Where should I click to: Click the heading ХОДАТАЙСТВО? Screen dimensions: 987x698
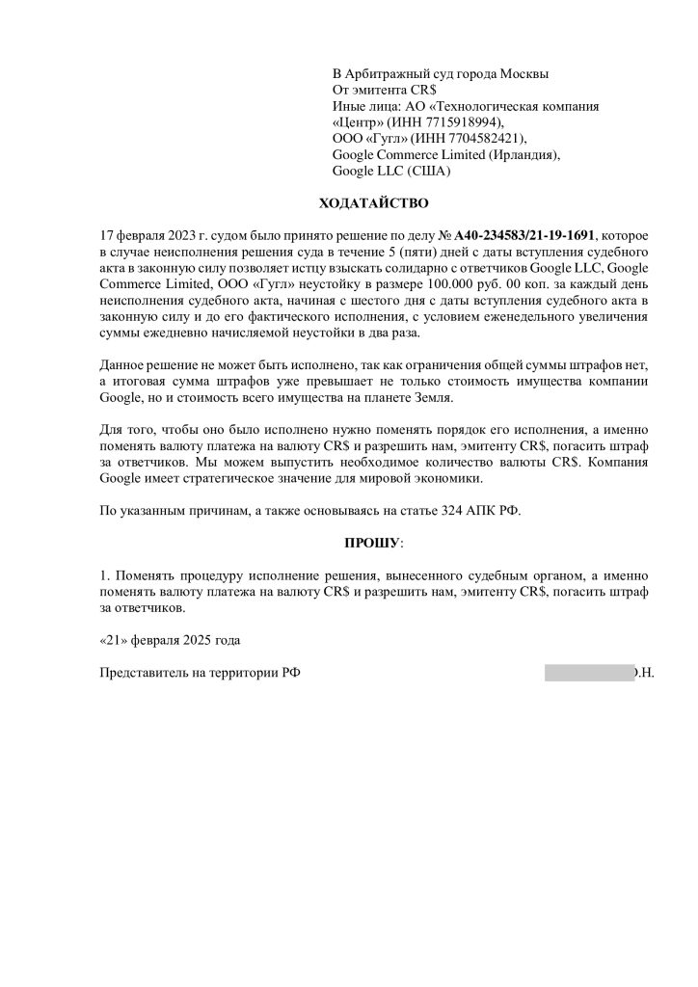click(x=373, y=203)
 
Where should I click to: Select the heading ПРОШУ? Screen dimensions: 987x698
click(x=374, y=544)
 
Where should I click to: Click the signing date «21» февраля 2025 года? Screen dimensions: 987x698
click(x=170, y=640)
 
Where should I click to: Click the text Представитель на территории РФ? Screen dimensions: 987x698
click(x=200, y=673)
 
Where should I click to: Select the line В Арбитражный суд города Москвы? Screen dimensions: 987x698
click(x=441, y=73)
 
